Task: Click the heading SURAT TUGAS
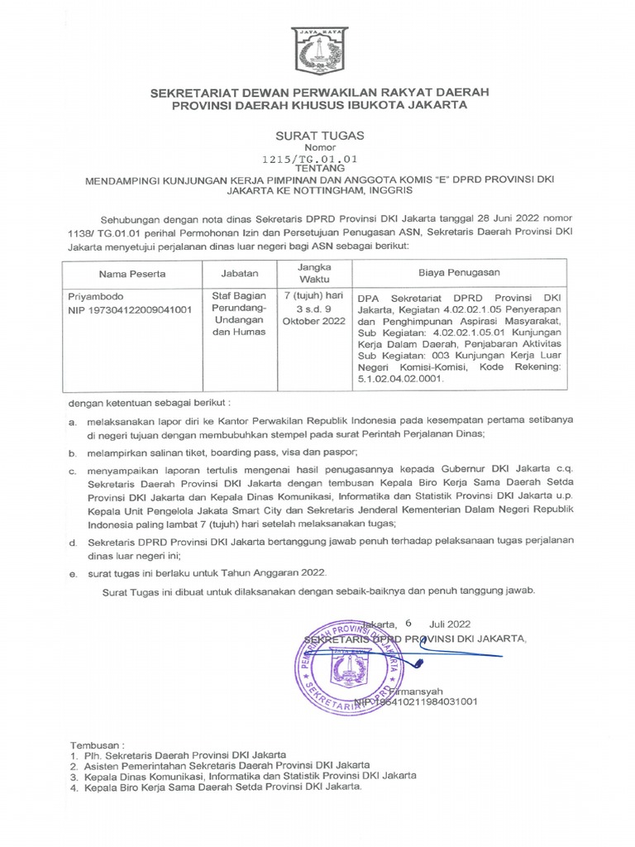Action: coord(318,134)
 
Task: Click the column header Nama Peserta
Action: coord(132,273)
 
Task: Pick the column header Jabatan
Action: coord(240,272)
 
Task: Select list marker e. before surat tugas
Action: coord(72,572)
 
